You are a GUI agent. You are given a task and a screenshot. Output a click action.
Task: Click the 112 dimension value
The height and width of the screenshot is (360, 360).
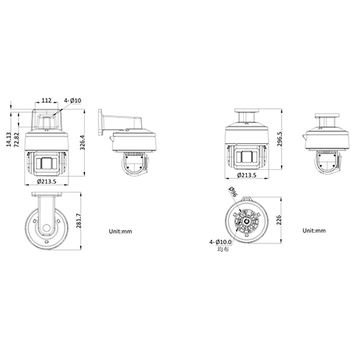pos(45,100)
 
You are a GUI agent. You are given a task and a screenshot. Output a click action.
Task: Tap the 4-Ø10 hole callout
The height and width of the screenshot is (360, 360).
pos(73,100)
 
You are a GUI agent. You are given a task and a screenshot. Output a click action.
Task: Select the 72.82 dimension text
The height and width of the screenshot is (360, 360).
pos(18,136)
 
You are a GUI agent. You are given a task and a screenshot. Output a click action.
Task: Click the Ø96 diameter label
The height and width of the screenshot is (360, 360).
pos(232,192)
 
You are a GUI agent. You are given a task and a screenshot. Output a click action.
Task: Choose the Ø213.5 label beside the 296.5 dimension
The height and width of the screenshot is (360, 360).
pos(247,175)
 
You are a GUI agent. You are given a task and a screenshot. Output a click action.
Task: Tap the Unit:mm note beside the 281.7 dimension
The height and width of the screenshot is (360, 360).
pos(120,232)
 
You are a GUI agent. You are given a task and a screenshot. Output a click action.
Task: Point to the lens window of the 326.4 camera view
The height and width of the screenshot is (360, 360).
pos(47,163)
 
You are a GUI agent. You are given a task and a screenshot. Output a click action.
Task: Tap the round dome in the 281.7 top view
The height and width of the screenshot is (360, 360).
pos(47,229)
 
